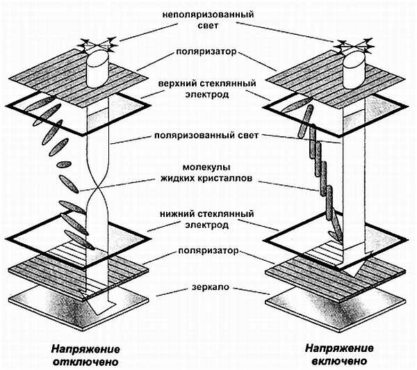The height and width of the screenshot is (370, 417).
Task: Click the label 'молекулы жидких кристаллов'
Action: tap(208, 172)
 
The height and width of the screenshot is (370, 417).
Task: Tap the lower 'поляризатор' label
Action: tap(208, 249)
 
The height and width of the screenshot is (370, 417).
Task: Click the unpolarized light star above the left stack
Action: tap(92, 45)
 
